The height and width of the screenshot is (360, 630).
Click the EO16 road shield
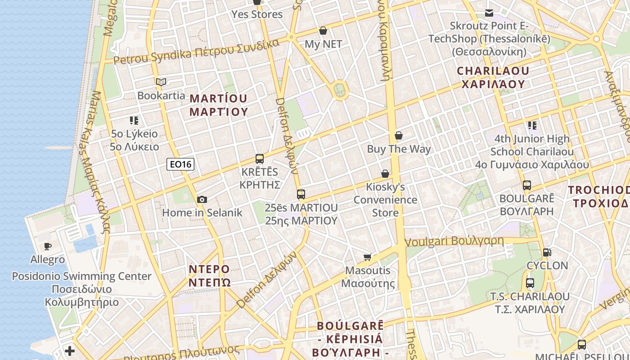coord(181,164)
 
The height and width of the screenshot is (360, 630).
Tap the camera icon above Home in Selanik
coord(202,199)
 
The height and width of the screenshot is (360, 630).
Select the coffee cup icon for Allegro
coord(48,246)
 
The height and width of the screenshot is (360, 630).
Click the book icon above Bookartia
coord(161,82)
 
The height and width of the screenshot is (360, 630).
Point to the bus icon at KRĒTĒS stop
coord(260,158)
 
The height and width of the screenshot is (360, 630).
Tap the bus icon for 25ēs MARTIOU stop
coord(301,194)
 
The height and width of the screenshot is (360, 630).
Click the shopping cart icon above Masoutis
coord(368,257)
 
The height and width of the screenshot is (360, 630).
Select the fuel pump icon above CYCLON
coord(547,252)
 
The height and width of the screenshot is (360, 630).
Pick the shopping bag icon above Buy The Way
coord(399,135)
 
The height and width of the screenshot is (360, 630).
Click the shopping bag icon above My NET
coord(323,31)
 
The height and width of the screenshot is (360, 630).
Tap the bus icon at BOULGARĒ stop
coord(527,185)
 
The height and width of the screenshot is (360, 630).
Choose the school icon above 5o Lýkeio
coord(134,120)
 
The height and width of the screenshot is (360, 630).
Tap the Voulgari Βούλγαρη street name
coord(454,241)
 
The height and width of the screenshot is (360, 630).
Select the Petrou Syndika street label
coord(196,52)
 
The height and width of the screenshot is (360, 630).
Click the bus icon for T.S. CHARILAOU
coord(530,283)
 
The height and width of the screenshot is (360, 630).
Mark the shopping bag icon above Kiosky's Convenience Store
coord(385,174)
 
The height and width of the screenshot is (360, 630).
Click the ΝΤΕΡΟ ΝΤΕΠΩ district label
coord(209,275)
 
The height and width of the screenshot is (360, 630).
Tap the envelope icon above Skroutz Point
coord(489,13)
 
